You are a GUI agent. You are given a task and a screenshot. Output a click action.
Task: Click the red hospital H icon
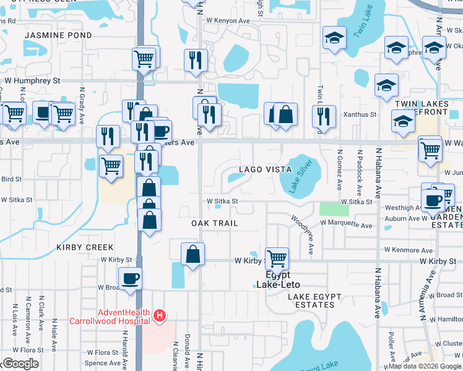pyautogui.click(x=160, y=316)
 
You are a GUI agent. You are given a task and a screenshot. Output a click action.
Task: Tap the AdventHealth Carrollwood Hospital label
pyautogui.click(x=124, y=316)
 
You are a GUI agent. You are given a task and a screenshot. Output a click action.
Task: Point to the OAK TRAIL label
pyautogui.click(x=215, y=223)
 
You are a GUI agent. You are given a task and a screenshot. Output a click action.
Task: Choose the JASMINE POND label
pyautogui.click(x=58, y=35)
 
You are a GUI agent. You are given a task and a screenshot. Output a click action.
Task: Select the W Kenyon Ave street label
pyautogui.click(x=228, y=20)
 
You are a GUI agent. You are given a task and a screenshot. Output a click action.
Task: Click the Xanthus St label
pyautogui.click(x=364, y=114)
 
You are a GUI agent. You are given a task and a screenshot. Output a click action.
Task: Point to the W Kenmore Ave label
pyautogui.click(x=407, y=250)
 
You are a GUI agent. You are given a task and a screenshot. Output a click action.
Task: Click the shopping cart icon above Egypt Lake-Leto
pyautogui.click(x=277, y=258)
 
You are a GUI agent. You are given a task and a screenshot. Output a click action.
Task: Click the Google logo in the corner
pyautogui.click(x=20, y=364)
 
